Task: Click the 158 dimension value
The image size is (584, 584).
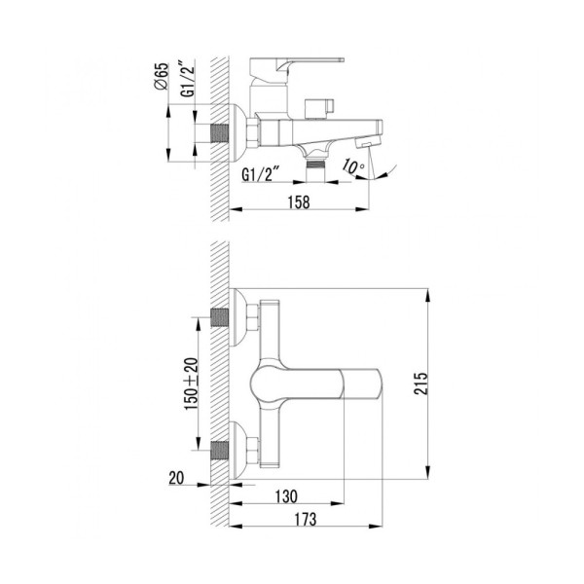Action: [x=299, y=202]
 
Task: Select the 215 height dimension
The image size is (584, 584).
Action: [x=420, y=383]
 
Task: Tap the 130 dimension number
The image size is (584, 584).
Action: [x=286, y=496]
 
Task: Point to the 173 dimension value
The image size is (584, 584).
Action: [x=306, y=519]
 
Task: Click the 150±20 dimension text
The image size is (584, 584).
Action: [x=192, y=384]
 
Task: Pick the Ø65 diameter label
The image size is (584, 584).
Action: [x=162, y=76]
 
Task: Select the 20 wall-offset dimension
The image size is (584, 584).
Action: [x=176, y=478]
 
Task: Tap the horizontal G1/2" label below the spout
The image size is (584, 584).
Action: [x=261, y=174]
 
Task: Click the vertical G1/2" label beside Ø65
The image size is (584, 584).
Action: [x=188, y=79]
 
